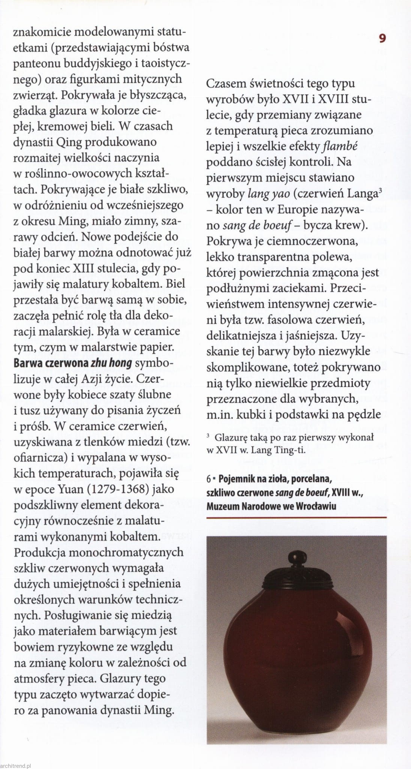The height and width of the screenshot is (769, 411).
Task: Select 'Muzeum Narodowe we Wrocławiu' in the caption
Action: coord(271,506)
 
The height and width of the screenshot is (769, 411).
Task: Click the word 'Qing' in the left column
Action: coord(69,142)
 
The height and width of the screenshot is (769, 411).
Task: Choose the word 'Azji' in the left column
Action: coord(98,379)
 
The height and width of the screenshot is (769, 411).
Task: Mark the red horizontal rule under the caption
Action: coord(296,518)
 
